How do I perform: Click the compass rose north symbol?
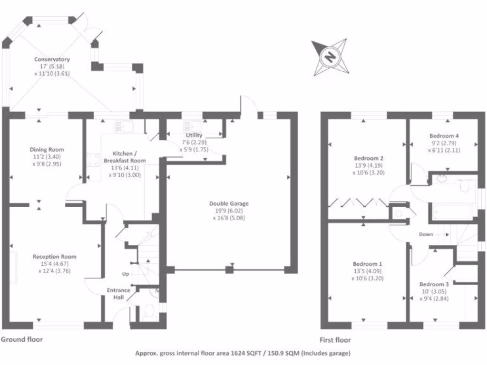(329, 57)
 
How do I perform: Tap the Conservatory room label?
(52, 59)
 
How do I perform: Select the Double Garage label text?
(229, 203)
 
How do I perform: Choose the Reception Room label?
(54, 257)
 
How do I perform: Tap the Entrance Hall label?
(115, 294)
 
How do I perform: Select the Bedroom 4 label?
(444, 135)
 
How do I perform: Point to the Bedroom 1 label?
(367, 264)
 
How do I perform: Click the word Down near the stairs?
(426, 234)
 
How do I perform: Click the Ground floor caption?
(22, 339)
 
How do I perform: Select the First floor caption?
(336, 340)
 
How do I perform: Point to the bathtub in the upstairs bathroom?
(453, 211)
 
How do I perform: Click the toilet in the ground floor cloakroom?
(148, 312)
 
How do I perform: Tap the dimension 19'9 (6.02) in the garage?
(229, 211)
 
